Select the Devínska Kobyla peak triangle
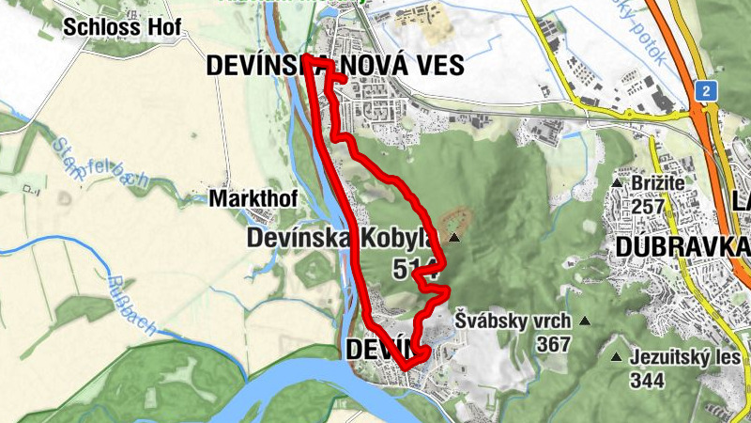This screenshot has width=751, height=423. pos(454,239)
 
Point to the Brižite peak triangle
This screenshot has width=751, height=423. pos(617,182)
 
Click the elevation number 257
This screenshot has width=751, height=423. pos(648,206)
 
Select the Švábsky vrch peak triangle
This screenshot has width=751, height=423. pos(585,321)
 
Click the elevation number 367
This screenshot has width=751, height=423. pos(554,344)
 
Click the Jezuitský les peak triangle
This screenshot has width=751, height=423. pos(616,357)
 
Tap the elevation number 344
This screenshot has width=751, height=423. pos(648,381)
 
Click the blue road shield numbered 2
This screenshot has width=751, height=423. pos(705,91)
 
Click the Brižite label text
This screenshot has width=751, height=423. pos(660,182)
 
